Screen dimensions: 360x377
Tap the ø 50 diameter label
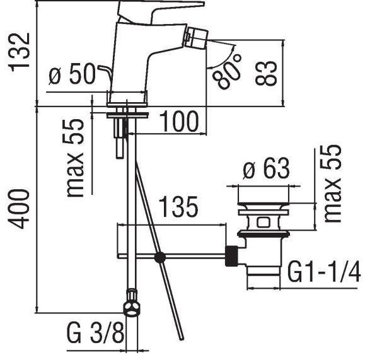coord(73,76)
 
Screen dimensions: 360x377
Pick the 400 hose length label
coord(20,209)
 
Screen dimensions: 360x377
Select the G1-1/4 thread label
coord(324,272)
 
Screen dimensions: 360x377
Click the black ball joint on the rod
coord(160,257)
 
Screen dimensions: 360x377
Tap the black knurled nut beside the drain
coord(233,256)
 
